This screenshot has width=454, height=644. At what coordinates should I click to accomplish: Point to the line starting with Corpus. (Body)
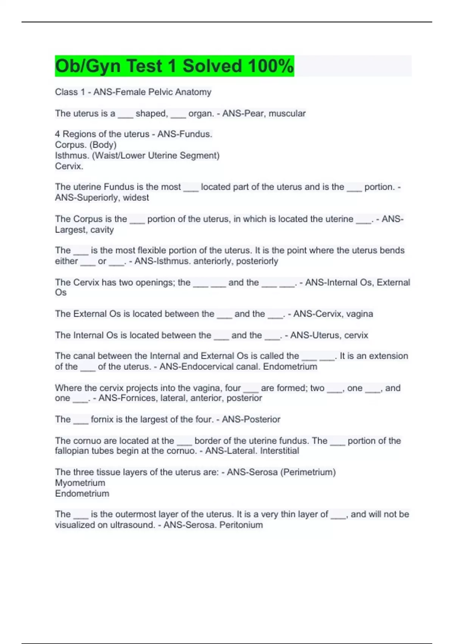[x=86, y=145]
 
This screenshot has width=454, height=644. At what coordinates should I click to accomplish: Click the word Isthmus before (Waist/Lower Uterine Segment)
[x=72, y=155]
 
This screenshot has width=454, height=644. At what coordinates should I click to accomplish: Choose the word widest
[x=136, y=197]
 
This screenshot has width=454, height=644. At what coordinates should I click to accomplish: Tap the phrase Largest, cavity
[x=84, y=230]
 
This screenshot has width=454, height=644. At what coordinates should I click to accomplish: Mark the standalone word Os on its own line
[x=61, y=292]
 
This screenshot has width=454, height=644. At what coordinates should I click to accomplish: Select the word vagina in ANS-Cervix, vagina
[x=359, y=314]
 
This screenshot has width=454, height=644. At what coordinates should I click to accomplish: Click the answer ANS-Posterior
[x=251, y=419]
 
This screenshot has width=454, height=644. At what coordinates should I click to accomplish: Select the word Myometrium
[x=80, y=483]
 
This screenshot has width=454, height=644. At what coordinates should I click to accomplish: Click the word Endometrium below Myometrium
[x=82, y=493]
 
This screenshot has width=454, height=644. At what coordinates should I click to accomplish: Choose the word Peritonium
[x=241, y=525]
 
